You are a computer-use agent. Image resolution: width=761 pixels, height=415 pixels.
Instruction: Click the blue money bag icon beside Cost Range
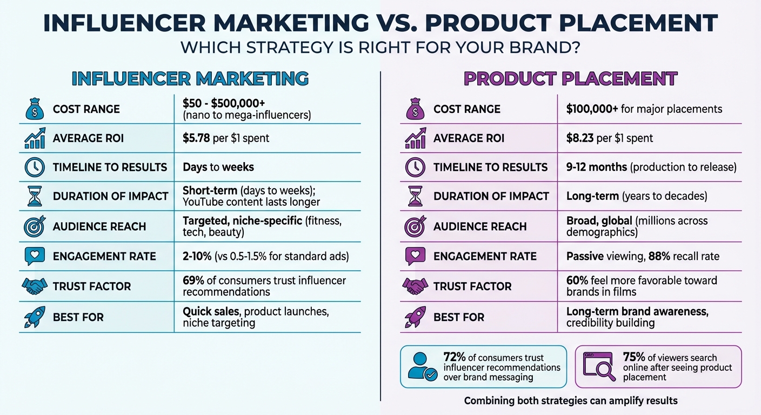pos(34,109)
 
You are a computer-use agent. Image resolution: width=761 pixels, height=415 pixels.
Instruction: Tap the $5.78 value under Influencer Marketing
pos(196,138)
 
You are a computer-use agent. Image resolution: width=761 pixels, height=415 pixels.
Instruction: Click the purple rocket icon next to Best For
pos(415,317)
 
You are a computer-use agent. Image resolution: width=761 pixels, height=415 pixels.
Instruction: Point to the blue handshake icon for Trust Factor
pos(34,286)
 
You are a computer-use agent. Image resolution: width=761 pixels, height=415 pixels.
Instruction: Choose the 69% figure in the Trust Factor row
pos(193,280)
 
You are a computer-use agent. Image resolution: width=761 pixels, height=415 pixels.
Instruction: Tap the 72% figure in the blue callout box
pos(453,357)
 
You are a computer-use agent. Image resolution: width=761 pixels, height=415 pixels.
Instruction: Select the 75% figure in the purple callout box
pos(633,357)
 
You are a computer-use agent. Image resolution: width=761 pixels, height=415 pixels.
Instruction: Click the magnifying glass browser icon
pos(599,366)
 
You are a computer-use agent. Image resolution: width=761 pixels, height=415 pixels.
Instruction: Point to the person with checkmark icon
pos(422,366)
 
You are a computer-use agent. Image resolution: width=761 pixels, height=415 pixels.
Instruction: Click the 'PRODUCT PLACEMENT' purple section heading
pos(570,79)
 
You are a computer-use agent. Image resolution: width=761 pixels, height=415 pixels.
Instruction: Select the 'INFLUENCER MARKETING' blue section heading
pos(190,79)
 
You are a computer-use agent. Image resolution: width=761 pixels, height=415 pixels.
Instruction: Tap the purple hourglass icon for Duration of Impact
pos(415,196)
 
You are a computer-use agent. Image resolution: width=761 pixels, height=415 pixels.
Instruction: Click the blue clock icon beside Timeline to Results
pos(34,168)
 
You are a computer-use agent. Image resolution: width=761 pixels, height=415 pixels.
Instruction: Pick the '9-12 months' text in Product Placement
pos(597,168)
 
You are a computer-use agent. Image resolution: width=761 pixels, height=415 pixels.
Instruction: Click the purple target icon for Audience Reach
pos(415,226)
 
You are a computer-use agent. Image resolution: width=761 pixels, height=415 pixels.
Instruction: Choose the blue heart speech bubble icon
pos(34,256)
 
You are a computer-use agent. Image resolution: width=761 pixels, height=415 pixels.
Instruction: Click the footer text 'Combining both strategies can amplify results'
pos(570,401)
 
